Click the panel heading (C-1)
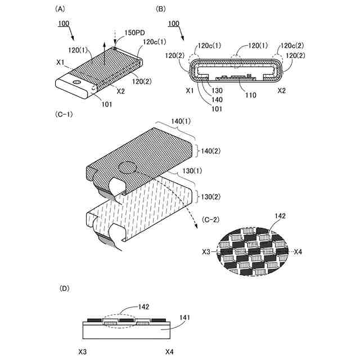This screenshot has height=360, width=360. [64, 114]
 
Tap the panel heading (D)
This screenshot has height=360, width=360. [65, 289]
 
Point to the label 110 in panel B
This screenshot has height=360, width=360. [250, 95]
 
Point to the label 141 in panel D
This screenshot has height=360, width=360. [185, 318]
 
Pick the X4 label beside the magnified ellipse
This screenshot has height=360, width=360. [299, 251]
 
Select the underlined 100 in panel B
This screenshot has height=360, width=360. [174, 24]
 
